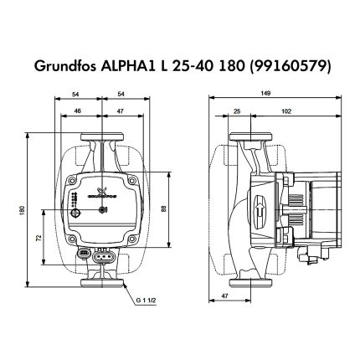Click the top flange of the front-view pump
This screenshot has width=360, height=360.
pyautogui.click(x=101, y=136)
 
